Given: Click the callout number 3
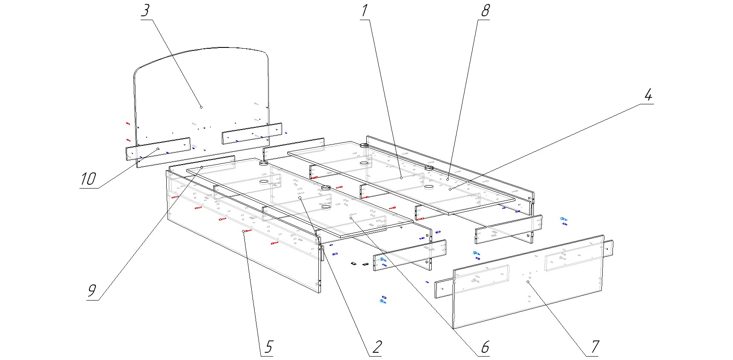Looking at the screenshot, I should [145, 11].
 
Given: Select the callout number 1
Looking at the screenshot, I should [364, 11].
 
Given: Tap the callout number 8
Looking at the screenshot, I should [485, 11].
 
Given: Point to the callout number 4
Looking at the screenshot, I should [648, 95].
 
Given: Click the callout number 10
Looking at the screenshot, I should [88, 179].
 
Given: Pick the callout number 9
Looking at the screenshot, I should [92, 291].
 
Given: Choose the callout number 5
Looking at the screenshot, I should [268, 347].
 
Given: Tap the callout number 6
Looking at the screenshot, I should [485, 347].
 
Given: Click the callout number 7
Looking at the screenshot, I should [595, 347].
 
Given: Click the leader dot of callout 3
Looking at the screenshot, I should [201, 107].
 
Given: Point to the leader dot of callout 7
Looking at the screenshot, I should [529, 282].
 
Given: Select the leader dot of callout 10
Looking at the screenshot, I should [158, 149].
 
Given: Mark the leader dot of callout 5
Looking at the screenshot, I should [244, 231].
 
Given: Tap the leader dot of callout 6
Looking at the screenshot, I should [351, 218].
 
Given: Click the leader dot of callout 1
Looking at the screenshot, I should [401, 177].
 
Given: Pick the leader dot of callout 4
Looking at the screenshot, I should [451, 189].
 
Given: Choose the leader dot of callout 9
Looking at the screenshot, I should [202, 168].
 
